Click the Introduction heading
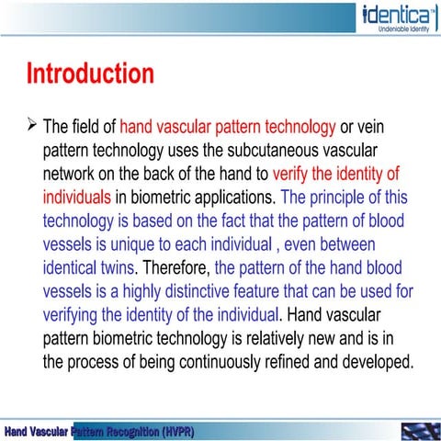click(89, 73)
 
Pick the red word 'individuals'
click(77, 197)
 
